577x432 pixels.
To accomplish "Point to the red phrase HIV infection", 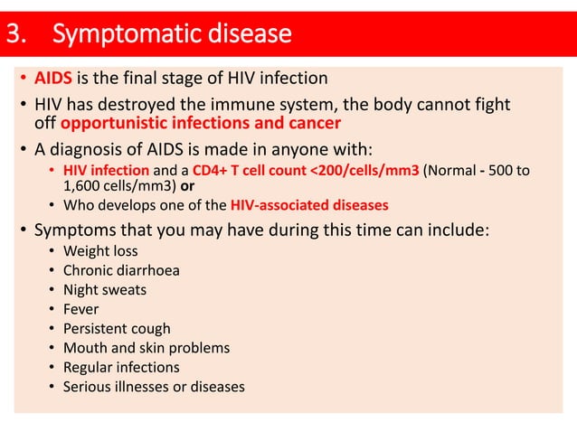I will [x=99, y=170].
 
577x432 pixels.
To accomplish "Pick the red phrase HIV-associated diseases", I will [x=310, y=204].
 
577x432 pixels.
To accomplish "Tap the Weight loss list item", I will [x=100, y=250].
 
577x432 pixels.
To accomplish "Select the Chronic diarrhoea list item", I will [x=121, y=270].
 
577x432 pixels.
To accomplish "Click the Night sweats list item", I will [x=104, y=290].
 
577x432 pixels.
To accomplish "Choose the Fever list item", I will [x=81, y=309].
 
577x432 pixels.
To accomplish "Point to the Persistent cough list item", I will [x=117, y=329].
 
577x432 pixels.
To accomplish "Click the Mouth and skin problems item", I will [x=147, y=348].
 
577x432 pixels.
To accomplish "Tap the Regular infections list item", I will [x=121, y=368].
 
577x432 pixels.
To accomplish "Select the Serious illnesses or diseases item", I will [x=154, y=387].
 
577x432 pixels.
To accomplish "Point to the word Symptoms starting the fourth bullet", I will [x=73, y=230].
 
